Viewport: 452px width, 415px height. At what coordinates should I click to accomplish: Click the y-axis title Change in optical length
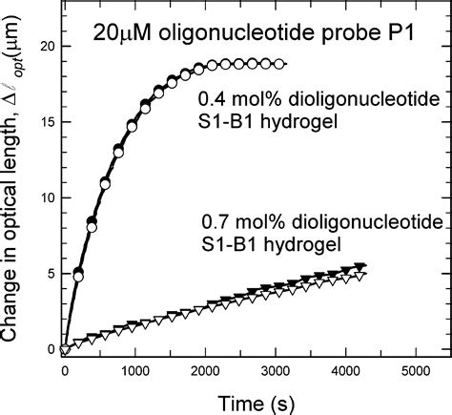[13, 191]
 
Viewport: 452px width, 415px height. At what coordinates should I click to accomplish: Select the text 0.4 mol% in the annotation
[232, 98]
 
